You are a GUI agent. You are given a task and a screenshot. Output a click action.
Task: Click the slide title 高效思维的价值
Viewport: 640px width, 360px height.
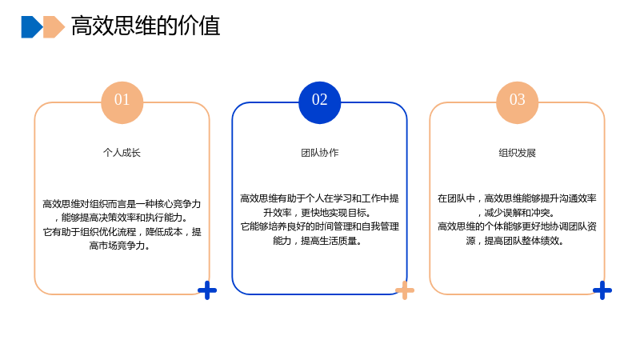146,26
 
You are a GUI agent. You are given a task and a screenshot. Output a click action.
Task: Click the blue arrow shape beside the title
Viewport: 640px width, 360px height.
32,27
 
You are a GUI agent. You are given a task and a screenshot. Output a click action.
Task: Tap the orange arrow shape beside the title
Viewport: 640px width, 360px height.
54,27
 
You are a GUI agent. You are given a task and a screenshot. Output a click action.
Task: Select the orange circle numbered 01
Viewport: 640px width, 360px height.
122,102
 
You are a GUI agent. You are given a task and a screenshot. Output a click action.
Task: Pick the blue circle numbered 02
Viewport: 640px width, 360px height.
319,102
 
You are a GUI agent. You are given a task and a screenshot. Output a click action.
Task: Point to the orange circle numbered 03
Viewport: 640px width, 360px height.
517,102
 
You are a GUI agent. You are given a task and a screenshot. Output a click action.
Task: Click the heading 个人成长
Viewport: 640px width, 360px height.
122,153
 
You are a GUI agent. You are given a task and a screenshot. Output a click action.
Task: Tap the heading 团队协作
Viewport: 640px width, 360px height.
319,153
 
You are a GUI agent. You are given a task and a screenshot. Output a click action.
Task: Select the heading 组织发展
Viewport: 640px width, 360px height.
517,153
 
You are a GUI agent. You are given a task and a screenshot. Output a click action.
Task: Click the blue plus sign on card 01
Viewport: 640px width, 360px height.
207,290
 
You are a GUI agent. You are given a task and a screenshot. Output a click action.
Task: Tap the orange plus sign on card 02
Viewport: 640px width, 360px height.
405,290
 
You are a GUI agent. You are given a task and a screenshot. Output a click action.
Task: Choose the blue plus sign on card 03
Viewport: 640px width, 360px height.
602,290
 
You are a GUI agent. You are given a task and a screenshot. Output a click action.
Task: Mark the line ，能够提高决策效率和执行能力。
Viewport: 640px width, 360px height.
122,218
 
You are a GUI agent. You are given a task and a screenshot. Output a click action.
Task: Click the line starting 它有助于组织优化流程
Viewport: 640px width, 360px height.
122,232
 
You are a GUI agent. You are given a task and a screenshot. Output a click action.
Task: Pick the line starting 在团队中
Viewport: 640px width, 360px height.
517,198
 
